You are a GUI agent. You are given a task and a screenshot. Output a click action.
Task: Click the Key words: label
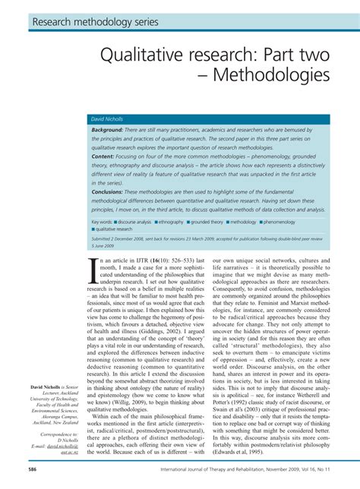point(103,222)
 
